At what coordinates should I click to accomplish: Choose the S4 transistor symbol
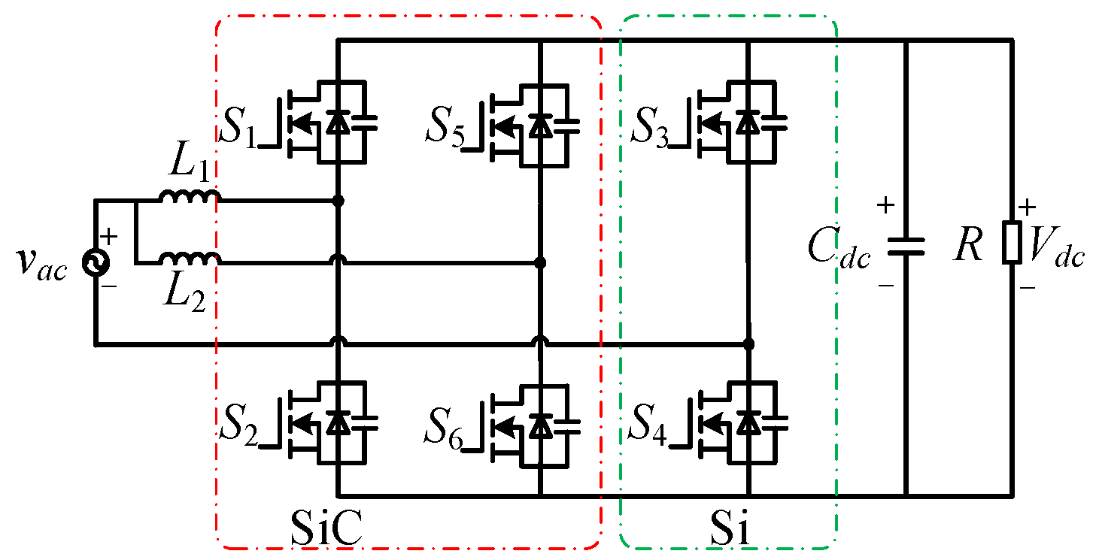pyautogui.click(x=741, y=425)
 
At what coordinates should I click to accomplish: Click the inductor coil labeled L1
pyautogui.click(x=189, y=198)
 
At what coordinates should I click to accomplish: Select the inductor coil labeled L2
pyautogui.click(x=189, y=259)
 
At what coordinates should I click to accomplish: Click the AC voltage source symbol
pyautogui.click(x=96, y=261)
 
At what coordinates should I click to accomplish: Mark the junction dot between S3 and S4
pyautogui.click(x=748, y=344)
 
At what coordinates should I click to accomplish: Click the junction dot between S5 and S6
pyautogui.click(x=540, y=263)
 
